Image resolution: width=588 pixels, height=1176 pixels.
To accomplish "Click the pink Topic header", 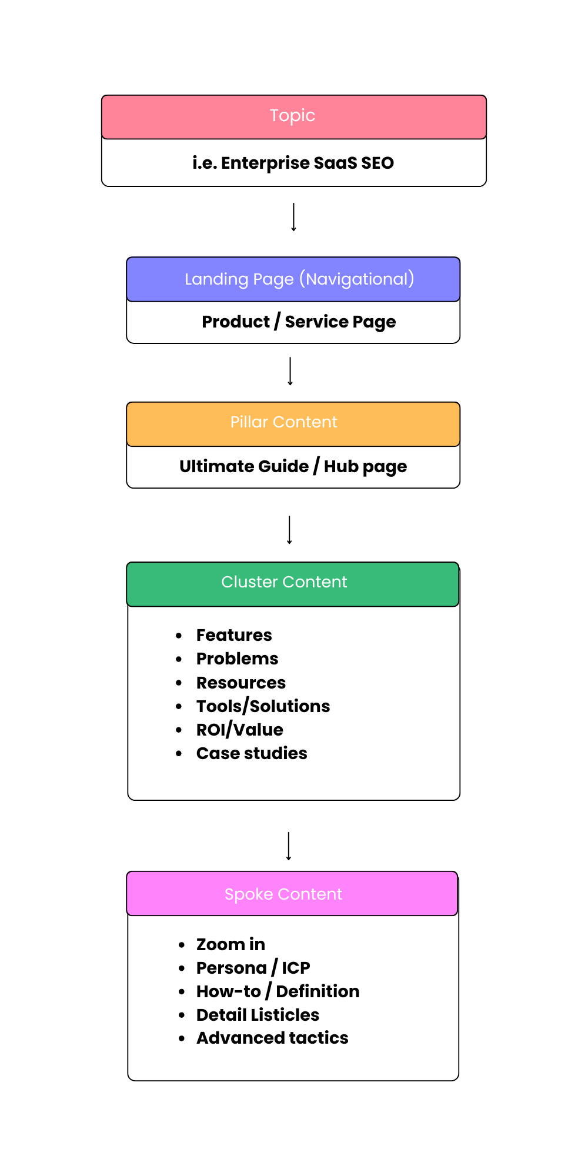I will tap(293, 116).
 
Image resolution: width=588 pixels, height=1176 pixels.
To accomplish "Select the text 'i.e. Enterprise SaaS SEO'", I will tap(293, 163).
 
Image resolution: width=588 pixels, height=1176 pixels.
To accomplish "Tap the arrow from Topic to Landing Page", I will tap(293, 217).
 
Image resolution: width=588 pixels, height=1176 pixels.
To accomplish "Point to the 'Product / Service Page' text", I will tap(299, 322).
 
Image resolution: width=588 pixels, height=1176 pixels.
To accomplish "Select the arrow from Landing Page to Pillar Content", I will tap(290, 371).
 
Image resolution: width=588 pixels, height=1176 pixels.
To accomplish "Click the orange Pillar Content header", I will tap(284, 423).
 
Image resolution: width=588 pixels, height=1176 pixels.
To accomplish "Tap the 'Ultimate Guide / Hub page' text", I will tap(293, 466).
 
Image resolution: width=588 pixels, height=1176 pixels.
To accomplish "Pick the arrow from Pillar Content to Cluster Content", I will tap(289, 530).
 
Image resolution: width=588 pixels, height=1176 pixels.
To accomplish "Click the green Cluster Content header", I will tap(284, 583).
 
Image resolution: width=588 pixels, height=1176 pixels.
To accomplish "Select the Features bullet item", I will tap(234, 635).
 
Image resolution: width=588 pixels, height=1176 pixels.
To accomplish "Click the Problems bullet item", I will tap(237, 659).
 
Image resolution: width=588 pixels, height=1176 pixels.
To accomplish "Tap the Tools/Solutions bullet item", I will tap(263, 706).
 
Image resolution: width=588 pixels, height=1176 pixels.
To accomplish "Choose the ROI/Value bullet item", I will tap(239, 730).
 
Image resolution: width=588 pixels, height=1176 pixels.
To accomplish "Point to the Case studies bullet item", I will tap(252, 753).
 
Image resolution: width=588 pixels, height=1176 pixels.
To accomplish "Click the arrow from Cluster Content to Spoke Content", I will tap(289, 846).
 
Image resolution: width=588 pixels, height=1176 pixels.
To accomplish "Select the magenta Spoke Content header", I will tap(283, 894).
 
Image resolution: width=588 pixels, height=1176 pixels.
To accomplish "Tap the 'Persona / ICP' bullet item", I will tap(253, 968).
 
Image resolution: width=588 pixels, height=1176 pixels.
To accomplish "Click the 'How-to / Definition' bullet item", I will tap(278, 991).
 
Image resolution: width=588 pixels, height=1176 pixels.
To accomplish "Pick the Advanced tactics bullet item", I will tap(272, 1038).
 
